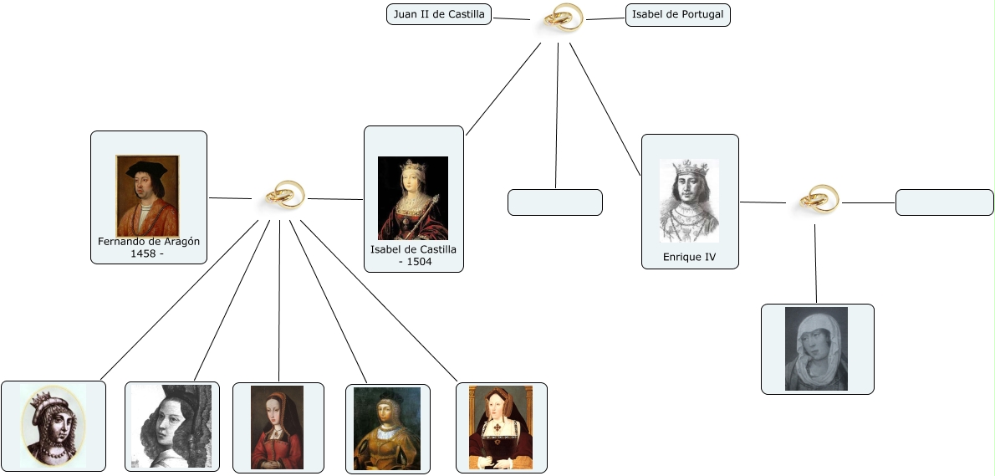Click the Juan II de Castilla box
point(439,14)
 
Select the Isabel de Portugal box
point(677,15)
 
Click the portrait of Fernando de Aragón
point(147,196)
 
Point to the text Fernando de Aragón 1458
point(149,248)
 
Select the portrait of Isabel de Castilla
point(413,198)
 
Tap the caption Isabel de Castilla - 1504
point(414,255)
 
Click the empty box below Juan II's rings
point(554,202)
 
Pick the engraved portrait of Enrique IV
point(689,201)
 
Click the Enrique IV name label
point(689,258)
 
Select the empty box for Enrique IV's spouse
point(944,202)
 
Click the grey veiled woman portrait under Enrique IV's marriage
point(816,348)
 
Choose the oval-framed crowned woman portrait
point(54,426)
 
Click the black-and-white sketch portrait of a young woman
point(171,426)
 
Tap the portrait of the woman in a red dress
point(277,427)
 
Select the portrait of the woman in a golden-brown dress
point(386,428)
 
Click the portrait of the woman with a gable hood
point(500,427)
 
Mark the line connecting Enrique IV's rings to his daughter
point(815,264)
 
